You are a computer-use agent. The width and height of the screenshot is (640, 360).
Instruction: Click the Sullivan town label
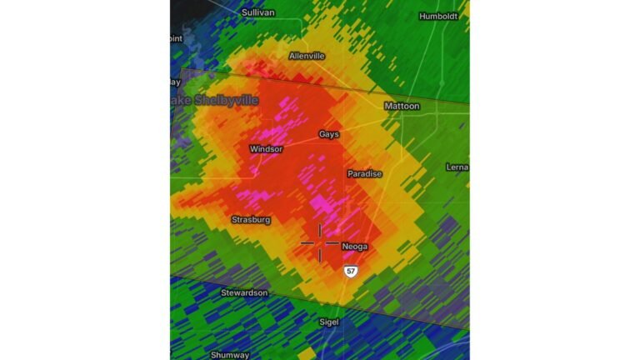coord(258,12)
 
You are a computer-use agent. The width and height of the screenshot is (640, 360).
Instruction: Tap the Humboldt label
coord(439,16)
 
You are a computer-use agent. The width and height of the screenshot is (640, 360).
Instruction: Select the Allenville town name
coord(307,56)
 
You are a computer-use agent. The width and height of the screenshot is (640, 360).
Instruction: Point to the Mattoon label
coord(402,107)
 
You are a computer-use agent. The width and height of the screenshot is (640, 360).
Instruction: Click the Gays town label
coord(329,134)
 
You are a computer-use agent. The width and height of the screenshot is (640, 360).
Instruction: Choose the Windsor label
coord(267,149)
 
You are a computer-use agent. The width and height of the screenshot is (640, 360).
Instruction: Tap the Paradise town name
coord(365,173)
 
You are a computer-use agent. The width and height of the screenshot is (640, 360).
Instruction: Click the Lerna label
coord(457,167)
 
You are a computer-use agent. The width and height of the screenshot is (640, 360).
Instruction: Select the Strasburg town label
coord(251,220)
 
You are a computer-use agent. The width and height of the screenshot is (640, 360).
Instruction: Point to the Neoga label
coord(355,247)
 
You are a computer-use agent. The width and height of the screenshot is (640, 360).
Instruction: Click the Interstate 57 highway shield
coord(352,272)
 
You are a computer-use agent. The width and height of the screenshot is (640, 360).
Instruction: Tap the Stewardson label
coord(245,293)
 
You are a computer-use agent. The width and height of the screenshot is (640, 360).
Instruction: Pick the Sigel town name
coord(330,322)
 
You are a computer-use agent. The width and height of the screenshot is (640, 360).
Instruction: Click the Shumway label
coord(230,355)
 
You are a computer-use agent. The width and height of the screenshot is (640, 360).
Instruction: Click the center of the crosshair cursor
coord(320,243)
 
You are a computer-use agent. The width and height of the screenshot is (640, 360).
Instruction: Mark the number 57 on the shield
coord(352,272)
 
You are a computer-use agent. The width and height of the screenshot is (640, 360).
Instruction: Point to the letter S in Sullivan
coord(245,12)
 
